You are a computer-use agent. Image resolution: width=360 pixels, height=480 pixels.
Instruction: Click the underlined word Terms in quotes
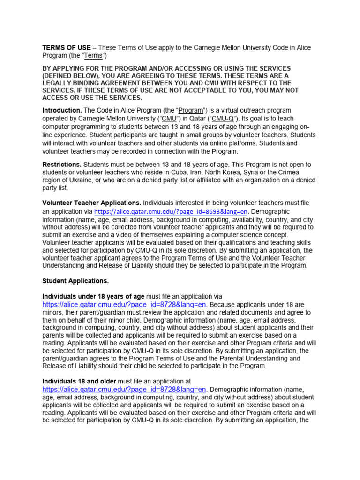pos(94,56)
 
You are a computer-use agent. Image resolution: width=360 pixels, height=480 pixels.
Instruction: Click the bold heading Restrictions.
pos(62,165)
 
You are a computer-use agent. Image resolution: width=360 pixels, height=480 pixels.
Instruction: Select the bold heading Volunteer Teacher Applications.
pos(92,203)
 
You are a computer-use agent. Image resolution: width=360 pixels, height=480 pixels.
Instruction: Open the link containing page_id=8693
pos(171,211)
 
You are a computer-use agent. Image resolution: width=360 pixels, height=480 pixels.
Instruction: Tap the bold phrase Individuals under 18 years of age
pos(94,296)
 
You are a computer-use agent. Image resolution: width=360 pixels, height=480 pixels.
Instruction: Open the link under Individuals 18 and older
pos(124,390)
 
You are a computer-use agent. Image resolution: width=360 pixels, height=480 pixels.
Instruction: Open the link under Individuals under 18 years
pos(124,305)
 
